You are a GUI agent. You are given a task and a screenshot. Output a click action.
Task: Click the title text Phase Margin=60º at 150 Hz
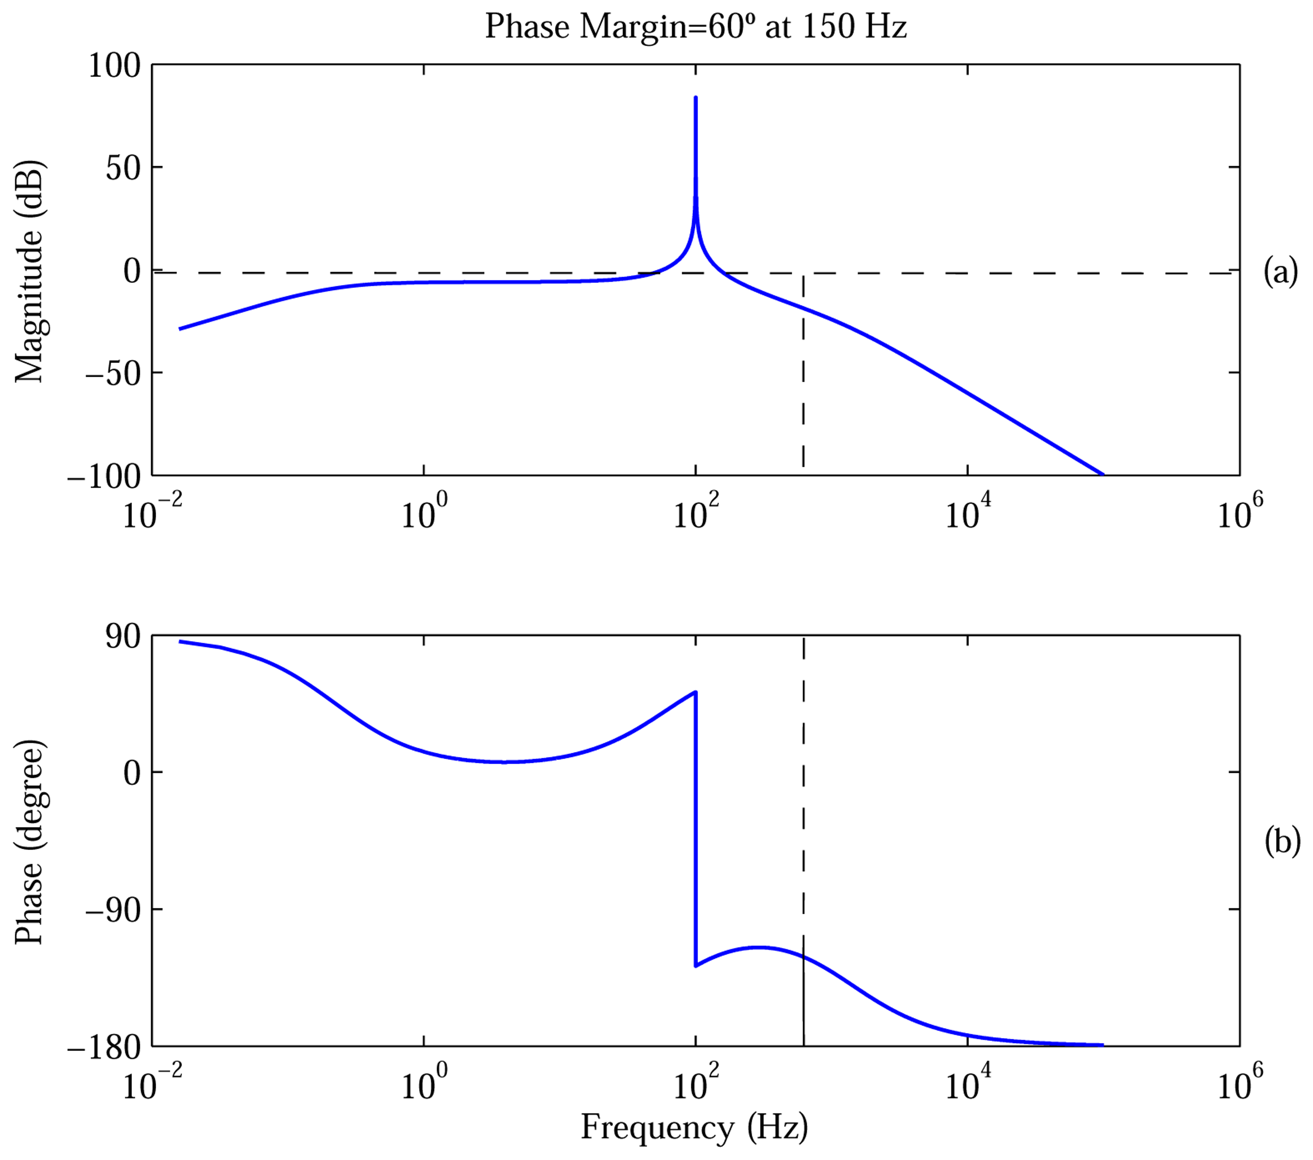coord(696,27)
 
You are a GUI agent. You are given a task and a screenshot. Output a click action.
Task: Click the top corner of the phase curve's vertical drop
coord(696,692)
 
